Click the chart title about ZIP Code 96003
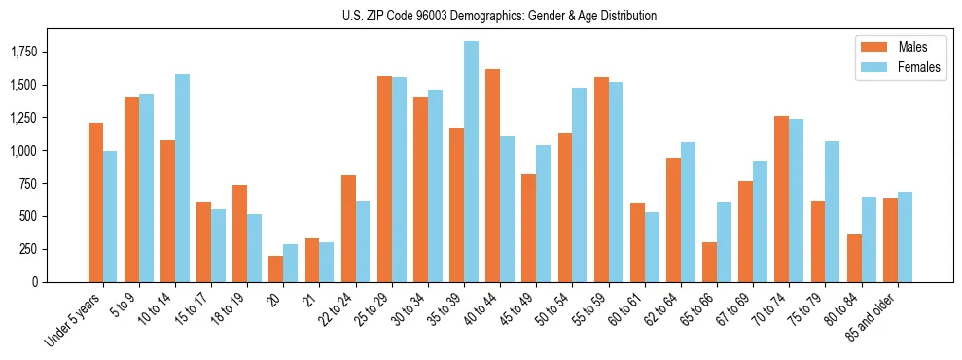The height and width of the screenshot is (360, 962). [499, 16]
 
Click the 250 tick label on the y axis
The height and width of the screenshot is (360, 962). [30, 249]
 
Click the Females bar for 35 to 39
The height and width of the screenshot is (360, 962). [471, 162]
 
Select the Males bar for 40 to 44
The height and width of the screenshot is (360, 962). [492, 175]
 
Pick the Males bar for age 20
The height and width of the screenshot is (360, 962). [275, 269]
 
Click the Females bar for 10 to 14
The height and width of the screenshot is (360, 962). [182, 178]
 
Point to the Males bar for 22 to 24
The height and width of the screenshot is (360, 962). [348, 229]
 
